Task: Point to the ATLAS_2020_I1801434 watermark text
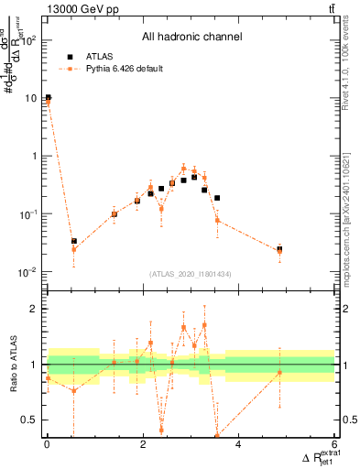[190, 274]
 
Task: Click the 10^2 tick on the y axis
[30, 40]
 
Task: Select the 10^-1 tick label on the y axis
[27, 214]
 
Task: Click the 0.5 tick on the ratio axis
[28, 420]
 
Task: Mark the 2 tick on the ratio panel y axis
[33, 309]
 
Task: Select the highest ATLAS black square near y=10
[48, 97]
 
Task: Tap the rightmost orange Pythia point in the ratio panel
[279, 373]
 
